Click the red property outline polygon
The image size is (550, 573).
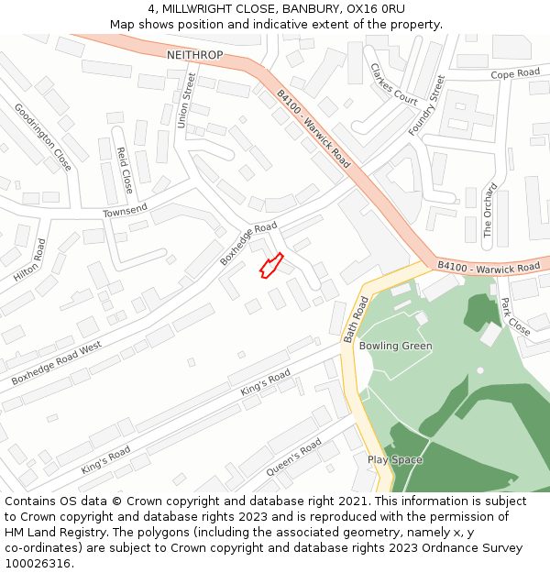pyautogui.click(x=270, y=266)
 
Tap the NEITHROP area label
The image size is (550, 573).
pyautogui.click(x=194, y=56)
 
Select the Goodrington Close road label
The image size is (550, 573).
pyautogui.click(x=43, y=137)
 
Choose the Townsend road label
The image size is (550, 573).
pyautogui.click(x=125, y=212)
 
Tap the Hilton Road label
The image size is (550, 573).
pyautogui.click(x=29, y=260)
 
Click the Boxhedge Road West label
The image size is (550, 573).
pyautogui.click(x=56, y=363)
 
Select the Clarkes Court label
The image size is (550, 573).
pyautogui.click(x=393, y=83)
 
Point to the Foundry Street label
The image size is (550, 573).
pyautogui.click(x=426, y=105)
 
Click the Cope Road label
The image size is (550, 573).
pyautogui.click(x=515, y=74)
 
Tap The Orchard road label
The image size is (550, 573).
pyautogui.click(x=489, y=211)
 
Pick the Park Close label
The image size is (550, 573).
pyautogui.click(x=515, y=316)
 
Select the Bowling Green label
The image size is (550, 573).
pyautogui.click(x=395, y=346)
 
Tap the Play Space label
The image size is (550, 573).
pyautogui.click(x=395, y=459)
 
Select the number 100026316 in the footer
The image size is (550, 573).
pyautogui.click(x=37, y=564)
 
